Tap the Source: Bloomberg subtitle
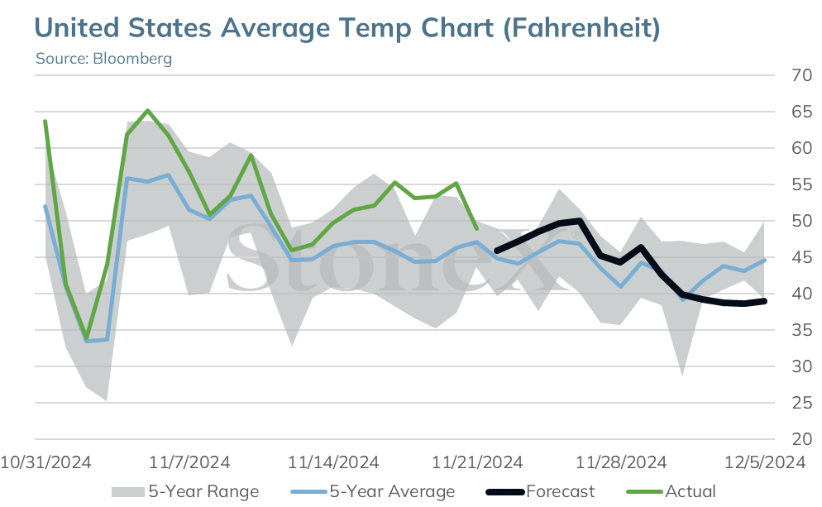[104, 58]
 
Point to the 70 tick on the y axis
[801, 75]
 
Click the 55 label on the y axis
[801, 184]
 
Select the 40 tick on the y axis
[801, 294]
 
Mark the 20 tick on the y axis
[801, 439]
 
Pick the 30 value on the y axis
[801, 366]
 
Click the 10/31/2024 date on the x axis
[45, 462]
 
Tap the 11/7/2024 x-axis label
[189, 462]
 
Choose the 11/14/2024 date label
[333, 462]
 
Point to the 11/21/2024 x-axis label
[477, 462]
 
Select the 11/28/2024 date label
[621, 462]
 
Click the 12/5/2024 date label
[765, 462]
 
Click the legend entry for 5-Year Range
[185, 492]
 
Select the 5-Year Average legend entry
[373, 492]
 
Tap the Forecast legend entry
[541, 492]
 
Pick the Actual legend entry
[671, 492]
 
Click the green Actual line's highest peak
[148, 111]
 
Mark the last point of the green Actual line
[476, 228]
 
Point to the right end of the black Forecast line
[765, 301]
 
